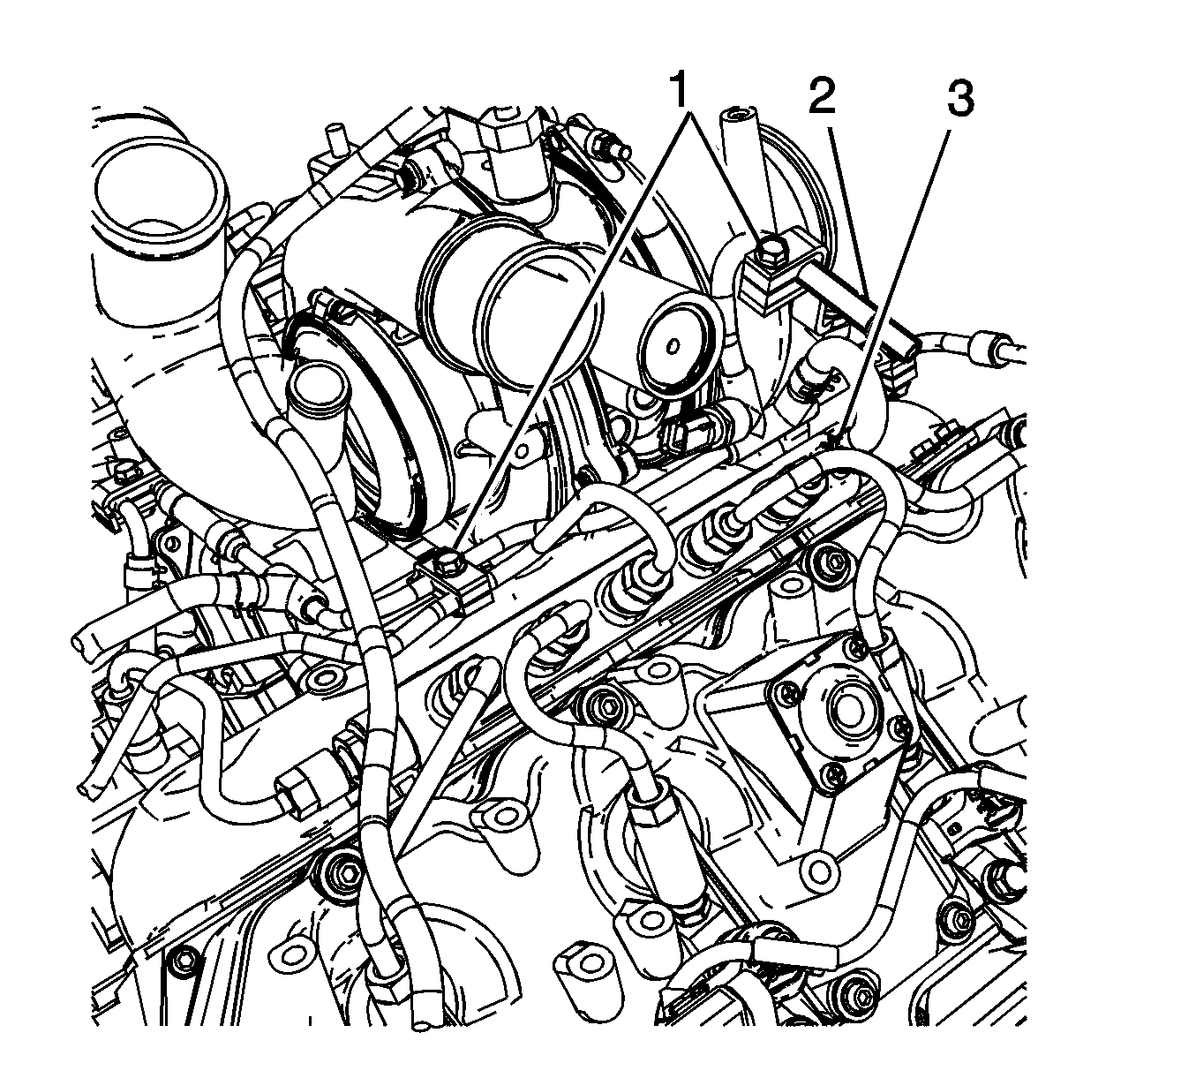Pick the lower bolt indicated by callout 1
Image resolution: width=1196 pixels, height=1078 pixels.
[449, 562]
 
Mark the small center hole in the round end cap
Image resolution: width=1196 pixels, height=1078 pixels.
[673, 345]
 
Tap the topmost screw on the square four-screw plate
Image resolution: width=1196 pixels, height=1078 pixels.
[856, 646]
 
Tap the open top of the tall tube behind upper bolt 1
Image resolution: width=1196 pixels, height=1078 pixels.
[737, 113]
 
